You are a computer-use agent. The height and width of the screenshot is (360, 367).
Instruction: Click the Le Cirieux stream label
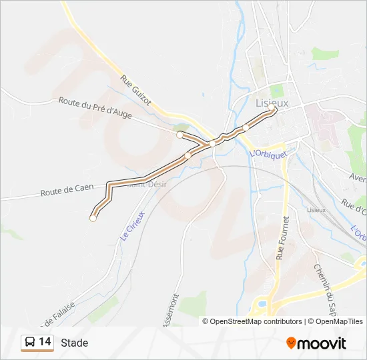[x=132, y=225]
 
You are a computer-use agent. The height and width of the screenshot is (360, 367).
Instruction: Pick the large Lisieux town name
[x=272, y=103]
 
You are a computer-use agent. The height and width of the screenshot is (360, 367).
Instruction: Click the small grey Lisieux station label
[x=316, y=210]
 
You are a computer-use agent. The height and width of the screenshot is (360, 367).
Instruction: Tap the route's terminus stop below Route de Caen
[x=93, y=217]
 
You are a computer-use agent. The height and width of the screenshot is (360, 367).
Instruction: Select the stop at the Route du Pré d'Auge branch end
[x=179, y=135]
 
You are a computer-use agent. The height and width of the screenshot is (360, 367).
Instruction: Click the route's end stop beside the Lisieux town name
[x=273, y=111]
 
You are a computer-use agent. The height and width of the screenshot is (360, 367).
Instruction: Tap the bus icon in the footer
[x=30, y=343]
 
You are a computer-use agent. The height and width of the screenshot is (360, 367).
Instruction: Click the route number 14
[x=45, y=342]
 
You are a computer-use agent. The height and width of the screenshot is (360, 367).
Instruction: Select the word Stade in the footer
[x=74, y=343]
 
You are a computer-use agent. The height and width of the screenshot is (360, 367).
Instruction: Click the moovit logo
[x=316, y=343]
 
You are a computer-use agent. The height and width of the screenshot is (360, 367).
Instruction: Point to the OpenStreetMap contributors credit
[x=252, y=321]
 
